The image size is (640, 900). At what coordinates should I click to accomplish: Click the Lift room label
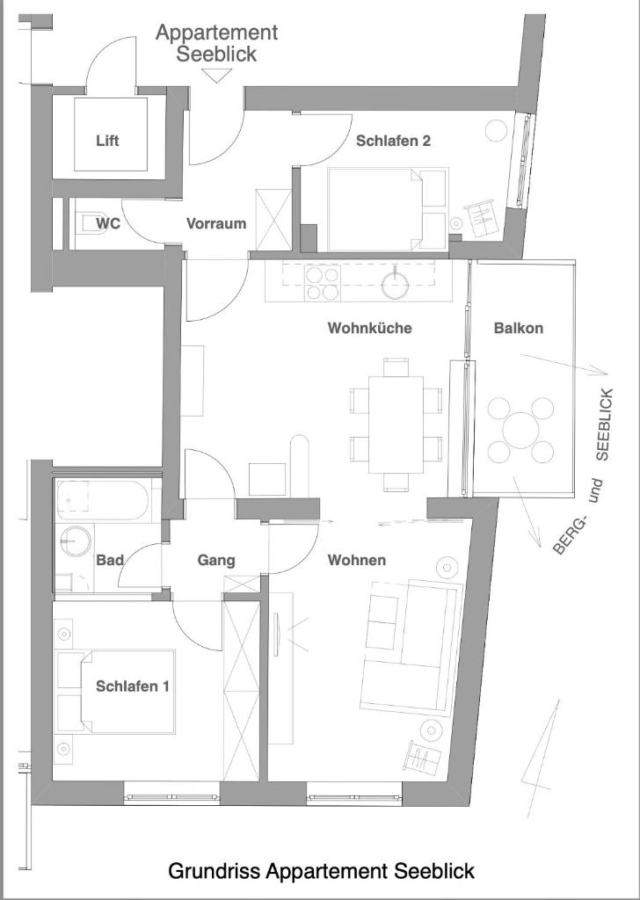point(107,141)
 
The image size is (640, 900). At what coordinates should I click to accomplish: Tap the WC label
point(108,222)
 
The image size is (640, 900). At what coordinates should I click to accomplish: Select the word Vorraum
point(216,223)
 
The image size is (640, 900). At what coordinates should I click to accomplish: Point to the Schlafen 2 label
point(393,141)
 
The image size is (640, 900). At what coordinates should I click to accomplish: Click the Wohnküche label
point(369,328)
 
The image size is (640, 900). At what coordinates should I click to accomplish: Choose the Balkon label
point(519,328)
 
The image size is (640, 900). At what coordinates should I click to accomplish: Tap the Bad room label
point(110,560)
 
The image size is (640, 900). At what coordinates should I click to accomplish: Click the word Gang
point(215,560)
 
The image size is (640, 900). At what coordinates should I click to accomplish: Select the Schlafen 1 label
point(132,686)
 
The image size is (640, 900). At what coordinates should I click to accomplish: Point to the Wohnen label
point(356,560)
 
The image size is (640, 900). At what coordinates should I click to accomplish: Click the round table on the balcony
point(521,431)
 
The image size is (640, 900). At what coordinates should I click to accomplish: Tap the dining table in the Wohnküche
point(396,425)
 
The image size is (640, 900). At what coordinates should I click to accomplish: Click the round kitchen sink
point(396,284)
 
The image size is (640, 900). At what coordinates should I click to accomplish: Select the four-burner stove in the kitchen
point(323,283)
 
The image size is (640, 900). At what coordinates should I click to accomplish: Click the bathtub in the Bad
point(104,500)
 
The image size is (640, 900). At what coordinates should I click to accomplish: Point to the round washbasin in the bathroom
point(76,541)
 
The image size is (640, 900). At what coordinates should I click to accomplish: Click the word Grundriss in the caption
point(214,871)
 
